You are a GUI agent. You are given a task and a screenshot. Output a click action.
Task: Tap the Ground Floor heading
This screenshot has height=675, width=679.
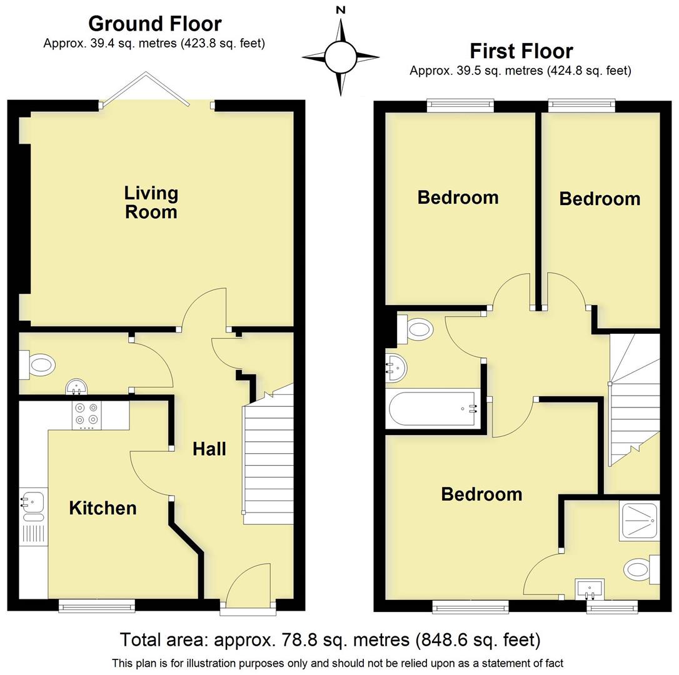tap(154, 24)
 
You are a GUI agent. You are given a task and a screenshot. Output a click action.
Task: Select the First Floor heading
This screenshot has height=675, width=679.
tap(521, 51)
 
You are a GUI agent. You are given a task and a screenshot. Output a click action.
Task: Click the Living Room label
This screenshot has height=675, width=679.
tap(151, 202)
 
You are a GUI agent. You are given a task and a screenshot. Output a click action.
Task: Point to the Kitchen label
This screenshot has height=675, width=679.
tap(103, 508)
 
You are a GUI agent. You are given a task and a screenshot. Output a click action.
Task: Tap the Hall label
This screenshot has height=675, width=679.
tap(209, 449)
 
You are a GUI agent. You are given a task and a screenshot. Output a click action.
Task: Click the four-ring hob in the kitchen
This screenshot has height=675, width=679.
tap(86, 414)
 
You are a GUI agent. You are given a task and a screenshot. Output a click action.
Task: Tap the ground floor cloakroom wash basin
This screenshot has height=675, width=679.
tap(76, 387)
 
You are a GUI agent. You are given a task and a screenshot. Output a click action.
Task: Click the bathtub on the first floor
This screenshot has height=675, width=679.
tap(433, 409)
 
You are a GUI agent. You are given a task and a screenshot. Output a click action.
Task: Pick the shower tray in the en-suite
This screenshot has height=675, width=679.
tap(639, 521)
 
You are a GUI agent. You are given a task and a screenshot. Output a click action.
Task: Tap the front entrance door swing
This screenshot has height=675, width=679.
tap(249, 584)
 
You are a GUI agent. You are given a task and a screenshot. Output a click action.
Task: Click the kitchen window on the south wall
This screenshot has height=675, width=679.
tap(97, 605)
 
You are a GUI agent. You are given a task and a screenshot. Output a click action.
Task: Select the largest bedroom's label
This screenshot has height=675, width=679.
tap(481, 494)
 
